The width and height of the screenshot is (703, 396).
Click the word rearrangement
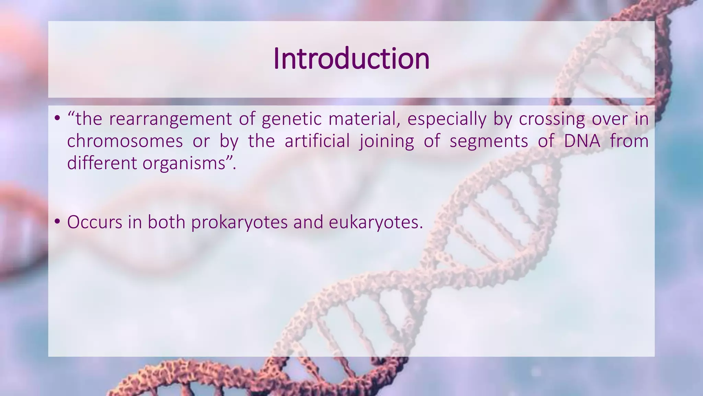point(170,119)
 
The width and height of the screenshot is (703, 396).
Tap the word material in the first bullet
point(364,119)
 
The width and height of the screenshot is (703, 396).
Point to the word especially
point(447,119)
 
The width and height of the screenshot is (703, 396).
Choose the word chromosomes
point(125,141)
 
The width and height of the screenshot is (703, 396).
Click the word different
point(102,163)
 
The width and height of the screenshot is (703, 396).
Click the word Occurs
point(95,222)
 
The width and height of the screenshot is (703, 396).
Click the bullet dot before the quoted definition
point(57,119)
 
